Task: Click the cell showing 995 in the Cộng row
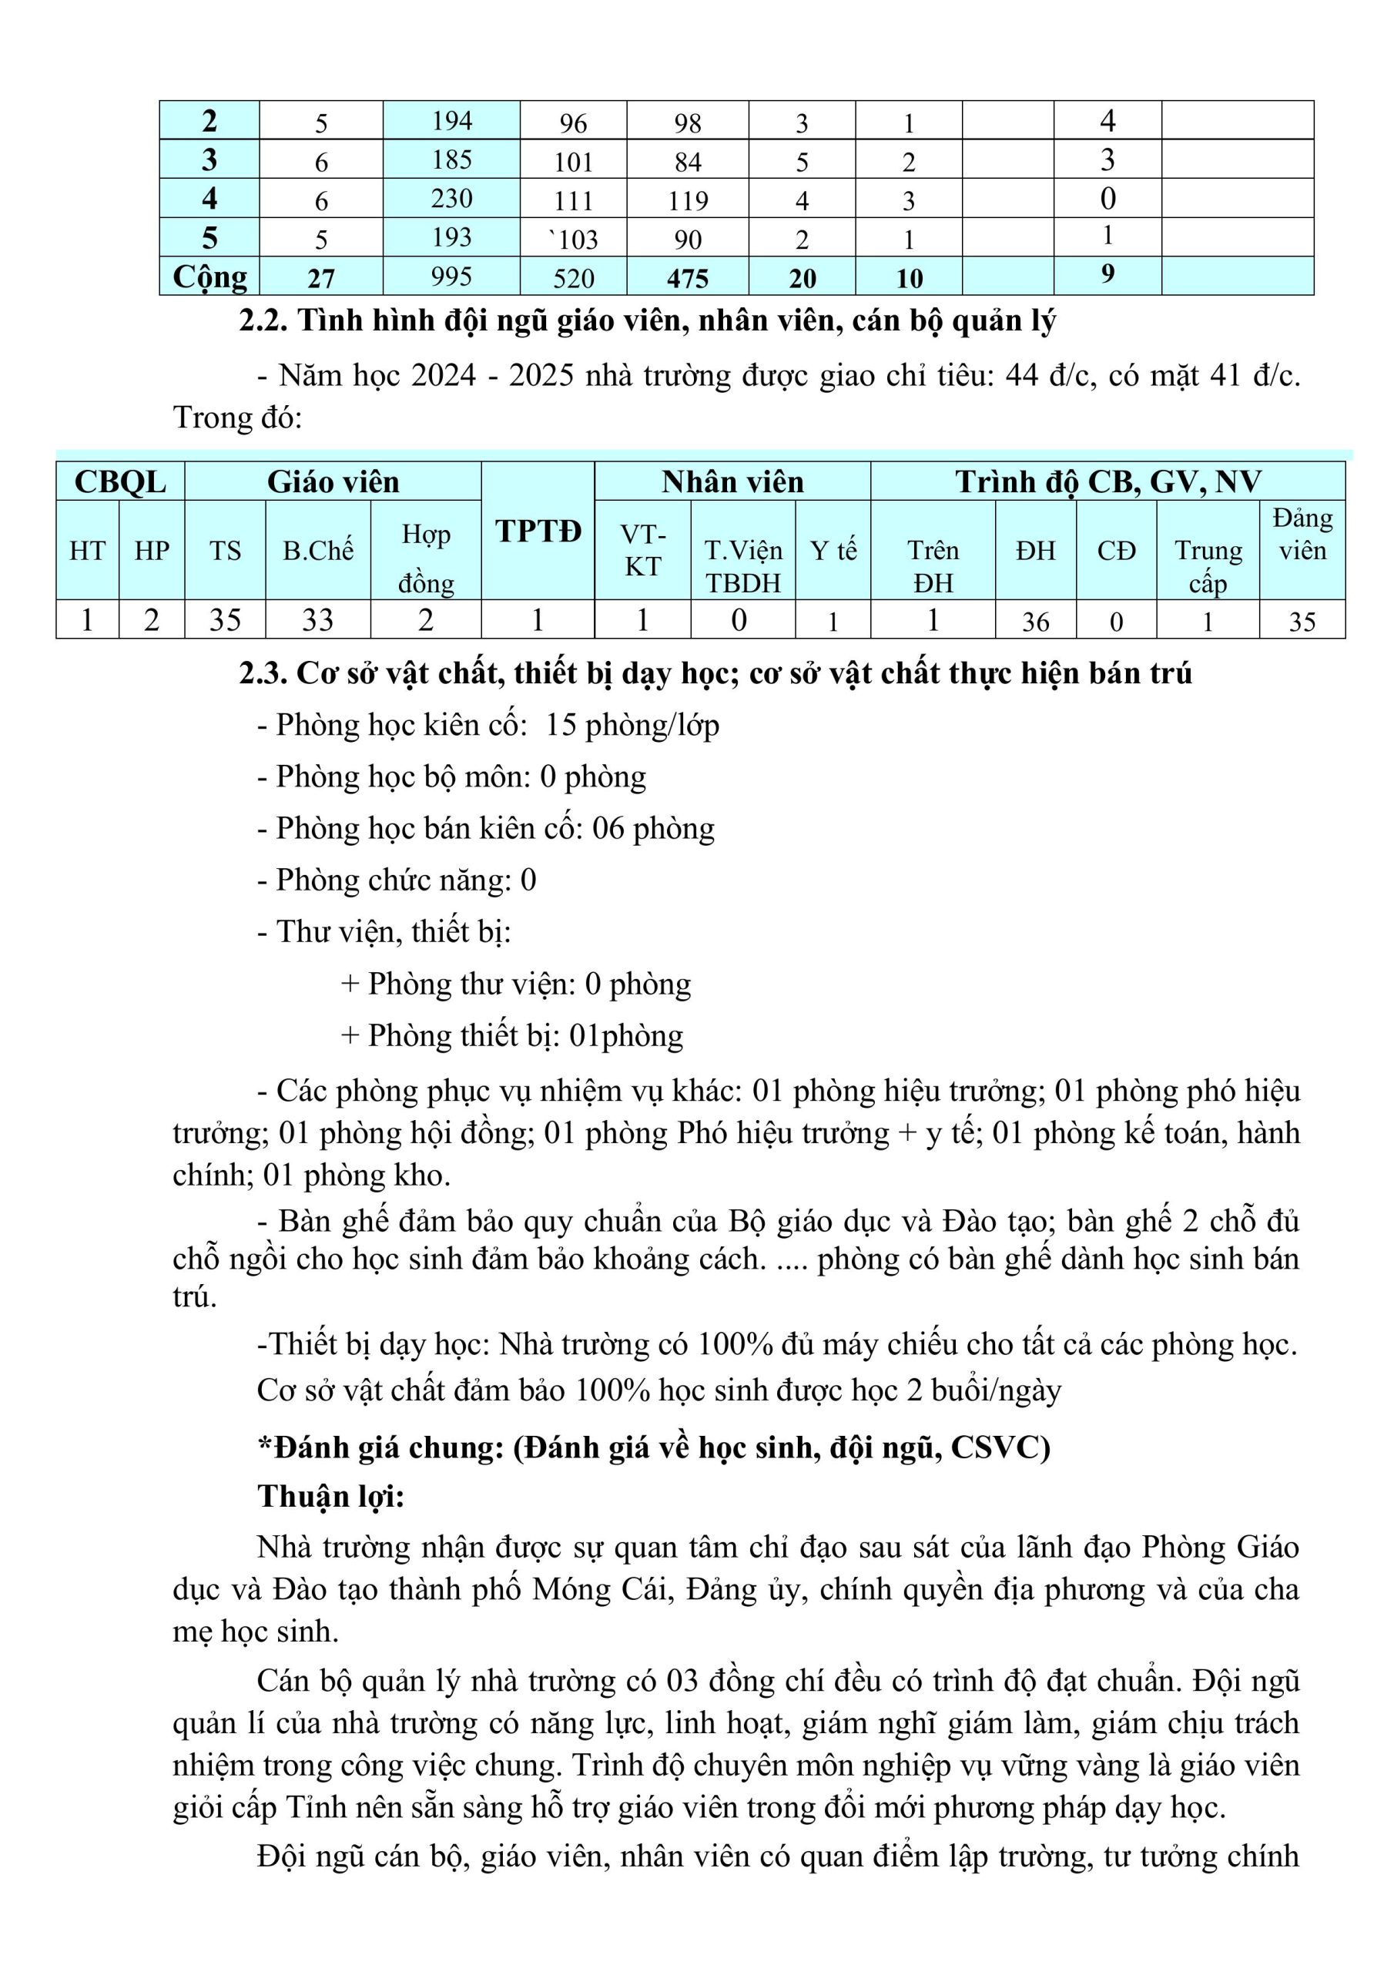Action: pos(452,277)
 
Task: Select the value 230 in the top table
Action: pos(452,199)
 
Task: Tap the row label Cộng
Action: pos(209,277)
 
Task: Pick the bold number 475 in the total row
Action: pos(688,278)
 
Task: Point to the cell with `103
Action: pos(574,239)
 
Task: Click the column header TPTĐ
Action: pos(538,532)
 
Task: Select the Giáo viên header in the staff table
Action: pos(333,482)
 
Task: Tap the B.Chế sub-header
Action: pos(318,551)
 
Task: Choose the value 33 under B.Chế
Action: pos(317,620)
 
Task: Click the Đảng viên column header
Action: pos(1302,535)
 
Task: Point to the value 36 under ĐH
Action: pos(1035,622)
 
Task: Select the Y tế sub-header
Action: pos(833,551)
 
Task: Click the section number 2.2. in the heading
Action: pos(263,321)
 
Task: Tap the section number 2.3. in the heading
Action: pos(263,674)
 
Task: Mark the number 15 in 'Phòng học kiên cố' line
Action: pos(560,726)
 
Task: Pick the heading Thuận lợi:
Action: pos(330,1496)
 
